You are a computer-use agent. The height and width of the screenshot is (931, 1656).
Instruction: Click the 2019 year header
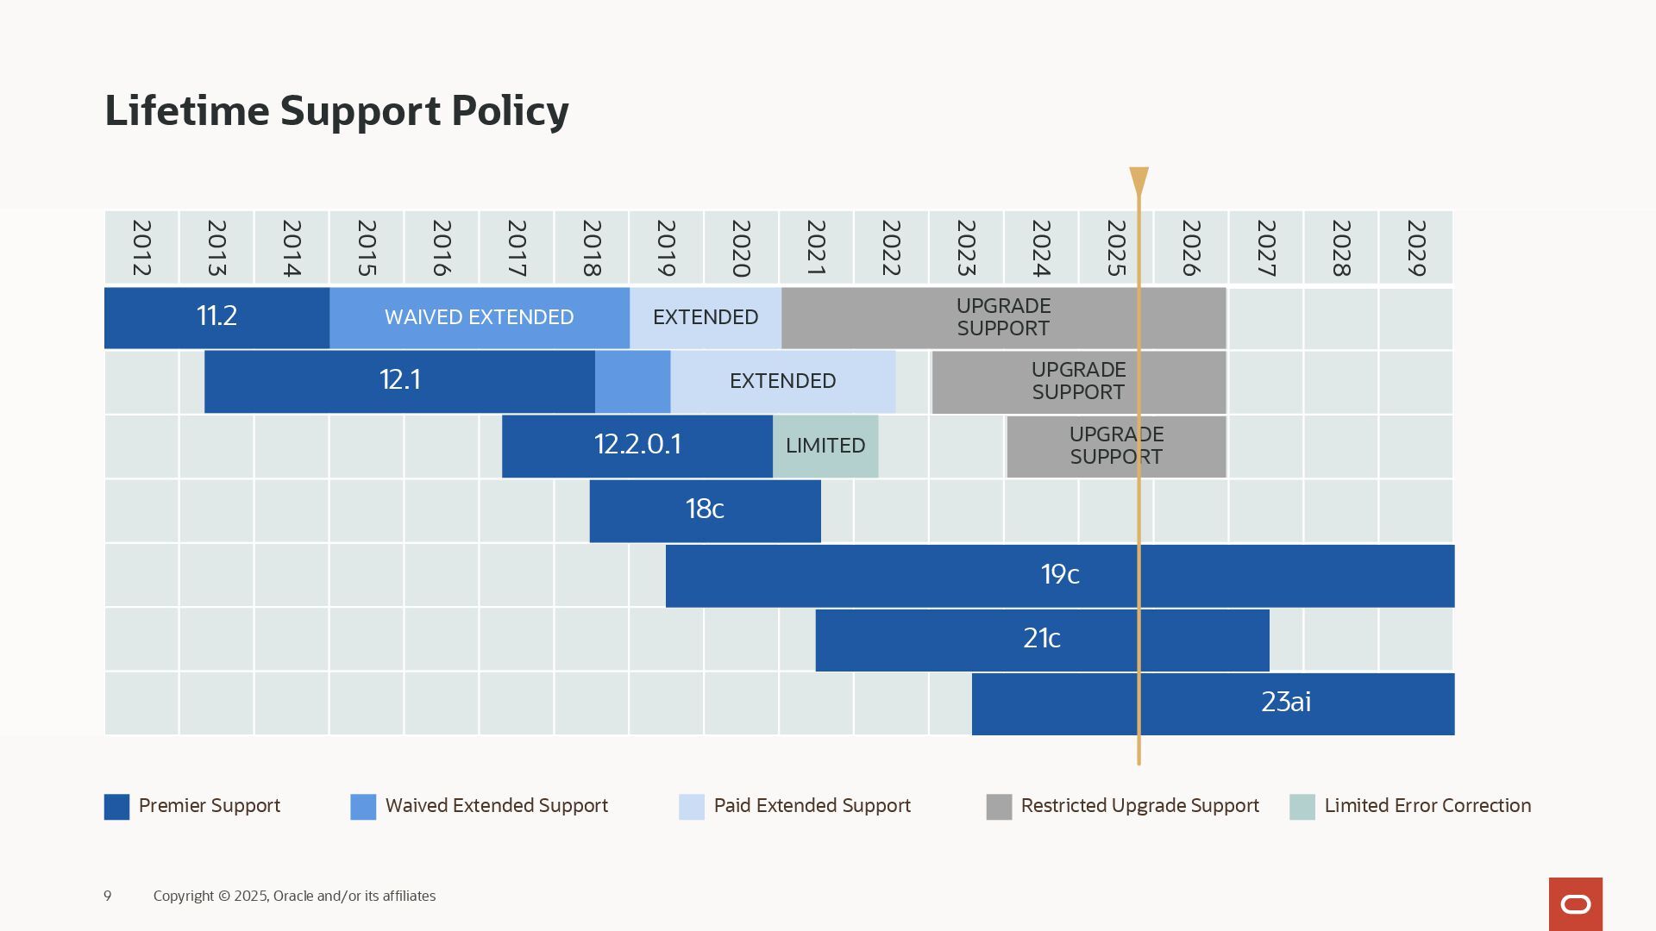(666, 248)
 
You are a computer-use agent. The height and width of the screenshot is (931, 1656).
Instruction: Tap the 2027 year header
(1265, 248)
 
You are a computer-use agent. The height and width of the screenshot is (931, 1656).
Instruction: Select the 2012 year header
(141, 248)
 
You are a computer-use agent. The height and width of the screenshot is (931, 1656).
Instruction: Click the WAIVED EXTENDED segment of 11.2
(479, 317)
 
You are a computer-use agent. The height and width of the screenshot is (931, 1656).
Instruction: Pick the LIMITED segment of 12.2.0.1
(825, 446)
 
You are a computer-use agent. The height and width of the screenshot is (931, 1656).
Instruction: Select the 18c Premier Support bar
(705, 509)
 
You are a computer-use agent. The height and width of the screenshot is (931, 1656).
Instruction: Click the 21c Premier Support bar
(1042, 639)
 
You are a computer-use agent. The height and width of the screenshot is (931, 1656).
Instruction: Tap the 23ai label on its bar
(1286, 703)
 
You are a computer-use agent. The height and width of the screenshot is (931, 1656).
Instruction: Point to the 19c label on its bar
(1060, 574)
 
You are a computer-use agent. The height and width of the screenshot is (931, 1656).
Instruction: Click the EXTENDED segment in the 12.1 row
(782, 381)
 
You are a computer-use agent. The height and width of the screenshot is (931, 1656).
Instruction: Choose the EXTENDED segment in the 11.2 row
(706, 317)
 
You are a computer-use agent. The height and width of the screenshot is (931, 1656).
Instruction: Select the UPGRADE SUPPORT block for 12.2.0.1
(1116, 446)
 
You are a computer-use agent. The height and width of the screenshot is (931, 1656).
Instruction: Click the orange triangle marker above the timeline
(1138, 179)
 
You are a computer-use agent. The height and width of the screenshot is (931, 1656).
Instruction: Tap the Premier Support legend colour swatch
(116, 807)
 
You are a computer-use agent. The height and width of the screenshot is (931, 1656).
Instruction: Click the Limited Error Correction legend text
(1427, 806)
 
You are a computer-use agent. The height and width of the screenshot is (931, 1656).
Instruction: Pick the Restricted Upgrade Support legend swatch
(999, 807)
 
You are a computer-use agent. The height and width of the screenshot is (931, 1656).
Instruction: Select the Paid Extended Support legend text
(812, 806)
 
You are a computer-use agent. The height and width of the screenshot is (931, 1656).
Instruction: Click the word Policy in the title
(510, 111)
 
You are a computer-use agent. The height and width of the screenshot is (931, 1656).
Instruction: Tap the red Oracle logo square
(1575, 903)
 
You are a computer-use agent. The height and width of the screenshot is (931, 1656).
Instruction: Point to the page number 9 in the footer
(108, 897)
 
